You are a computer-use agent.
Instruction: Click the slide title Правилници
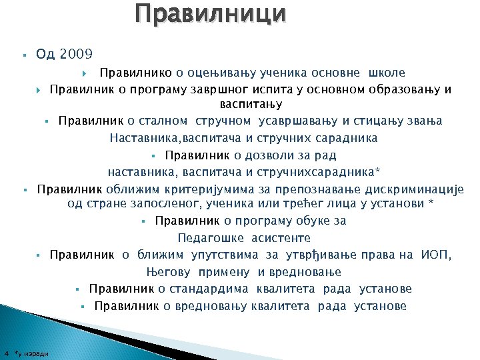(x=211, y=13)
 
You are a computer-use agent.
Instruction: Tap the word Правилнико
(x=139, y=72)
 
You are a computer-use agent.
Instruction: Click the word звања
(x=423, y=121)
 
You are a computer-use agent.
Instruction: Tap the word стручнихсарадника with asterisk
(x=330, y=172)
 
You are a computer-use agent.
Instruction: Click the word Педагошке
(x=211, y=237)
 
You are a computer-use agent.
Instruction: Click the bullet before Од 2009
(x=23, y=54)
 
